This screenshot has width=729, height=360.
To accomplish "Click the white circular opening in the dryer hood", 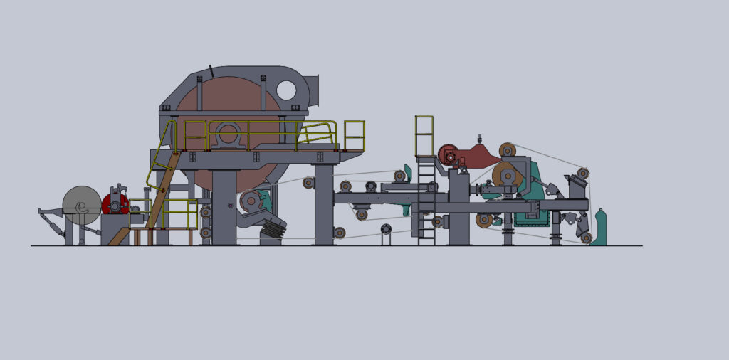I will (x=286, y=90).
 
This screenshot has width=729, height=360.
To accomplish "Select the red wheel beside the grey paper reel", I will (x=114, y=204).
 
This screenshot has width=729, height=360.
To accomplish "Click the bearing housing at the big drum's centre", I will (x=228, y=134).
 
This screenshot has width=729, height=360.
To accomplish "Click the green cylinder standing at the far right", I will (x=599, y=228).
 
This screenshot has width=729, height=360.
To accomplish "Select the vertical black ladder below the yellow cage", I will (x=426, y=203).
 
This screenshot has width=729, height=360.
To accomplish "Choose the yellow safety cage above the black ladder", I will (x=424, y=135).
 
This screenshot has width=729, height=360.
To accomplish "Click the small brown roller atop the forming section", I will (x=507, y=149).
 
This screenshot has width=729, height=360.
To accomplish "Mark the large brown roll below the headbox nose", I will (x=506, y=175).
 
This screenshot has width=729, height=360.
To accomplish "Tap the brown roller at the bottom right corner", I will (x=586, y=238).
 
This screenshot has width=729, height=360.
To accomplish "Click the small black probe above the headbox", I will (x=480, y=138).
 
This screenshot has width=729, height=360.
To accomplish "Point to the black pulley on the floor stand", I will (x=386, y=229).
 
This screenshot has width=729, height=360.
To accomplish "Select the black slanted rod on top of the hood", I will (x=211, y=71).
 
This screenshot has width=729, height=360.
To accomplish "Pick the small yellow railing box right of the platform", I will (x=354, y=135).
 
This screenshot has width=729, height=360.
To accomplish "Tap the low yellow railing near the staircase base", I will (x=180, y=213).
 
